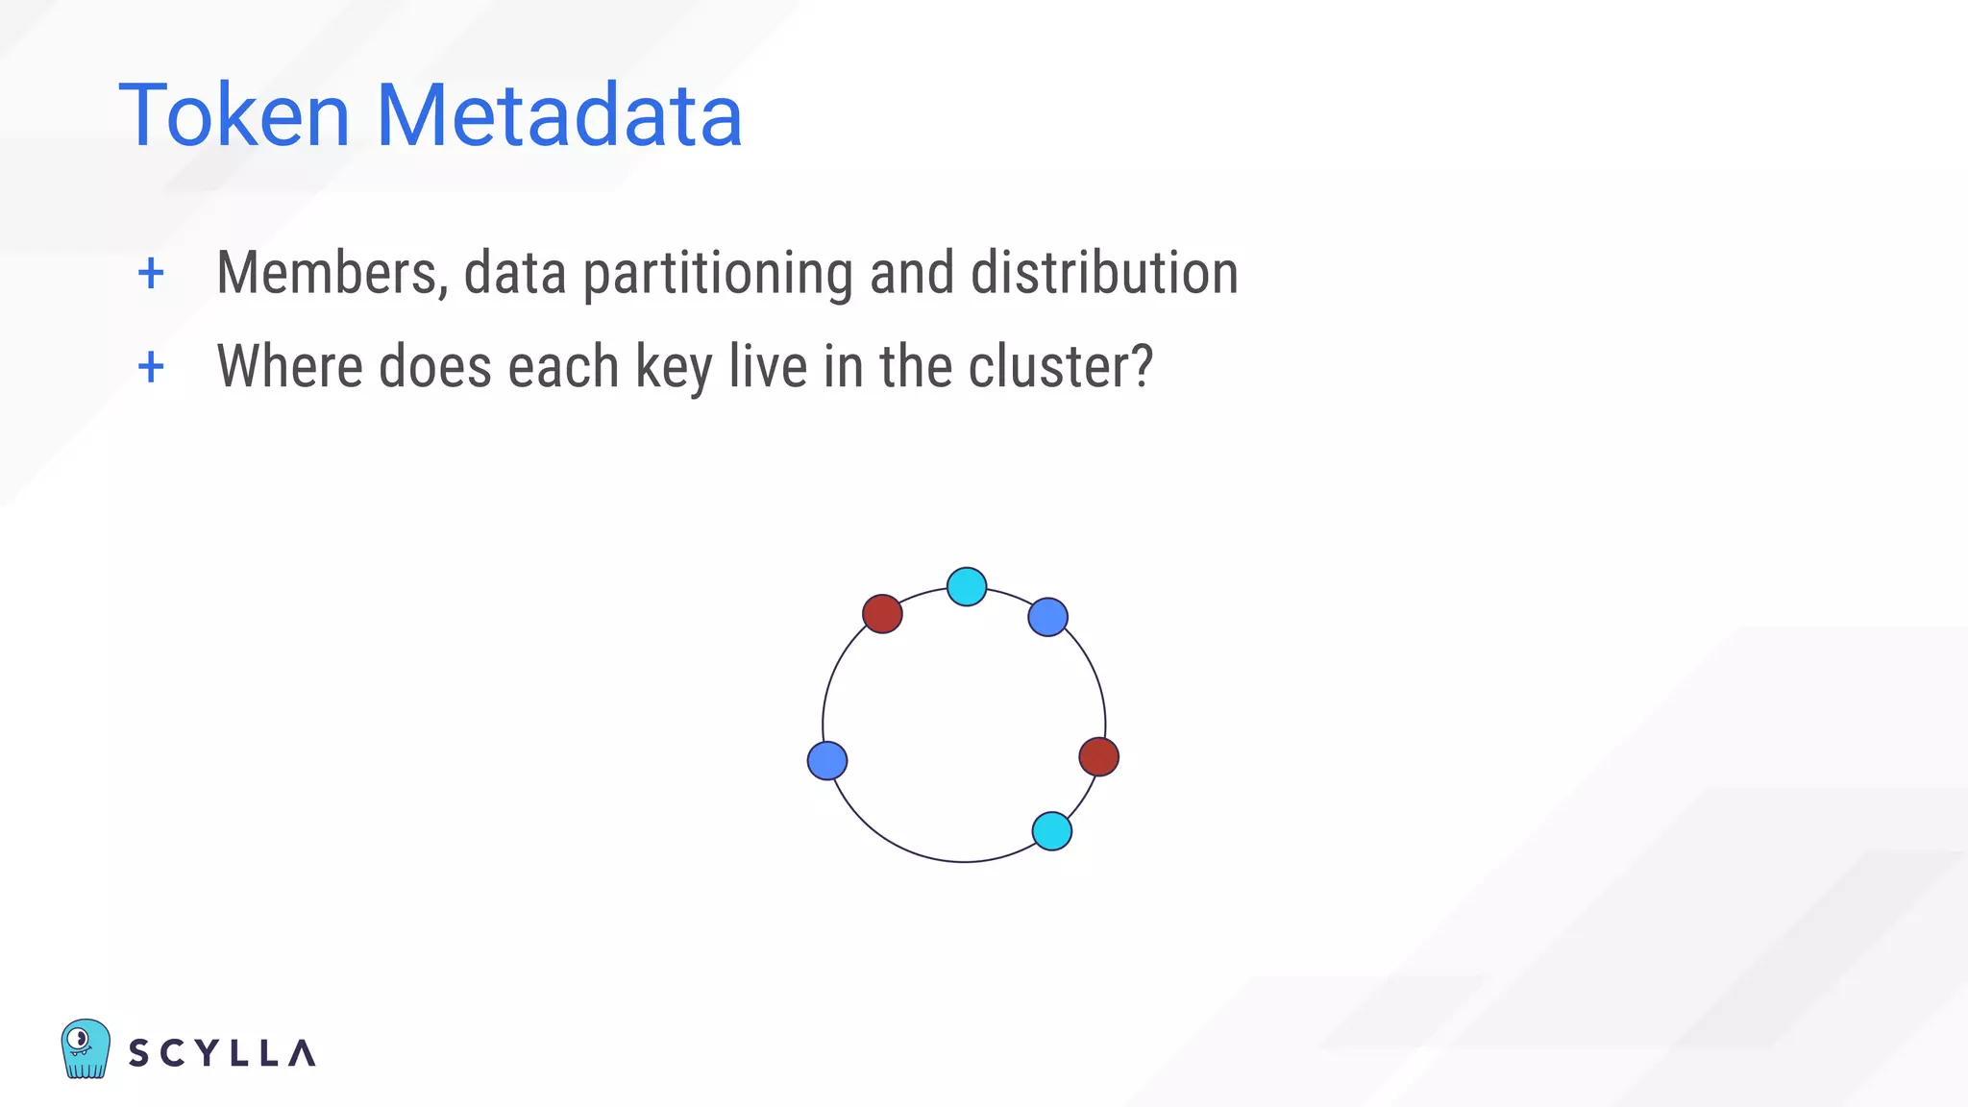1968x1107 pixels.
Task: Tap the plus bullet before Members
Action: tap(151, 274)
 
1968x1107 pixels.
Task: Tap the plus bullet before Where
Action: tap(151, 367)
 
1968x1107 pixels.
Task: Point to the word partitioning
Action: tap(718, 275)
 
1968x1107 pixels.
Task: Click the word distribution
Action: tap(1104, 273)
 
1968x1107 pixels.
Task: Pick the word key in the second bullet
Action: tap(674, 368)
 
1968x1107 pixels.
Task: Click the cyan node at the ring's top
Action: tap(967, 586)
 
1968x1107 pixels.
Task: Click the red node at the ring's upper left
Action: tap(882, 613)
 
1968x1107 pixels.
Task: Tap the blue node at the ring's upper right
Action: tap(1047, 617)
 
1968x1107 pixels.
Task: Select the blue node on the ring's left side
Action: tap(827, 760)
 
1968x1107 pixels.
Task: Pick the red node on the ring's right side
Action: tap(1098, 756)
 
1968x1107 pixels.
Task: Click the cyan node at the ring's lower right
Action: tap(1051, 830)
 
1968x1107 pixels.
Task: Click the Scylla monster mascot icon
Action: tap(85, 1049)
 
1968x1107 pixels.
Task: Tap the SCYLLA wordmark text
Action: tap(222, 1053)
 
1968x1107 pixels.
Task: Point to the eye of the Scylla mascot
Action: tap(80, 1039)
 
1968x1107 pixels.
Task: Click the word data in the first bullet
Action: tap(515, 273)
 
